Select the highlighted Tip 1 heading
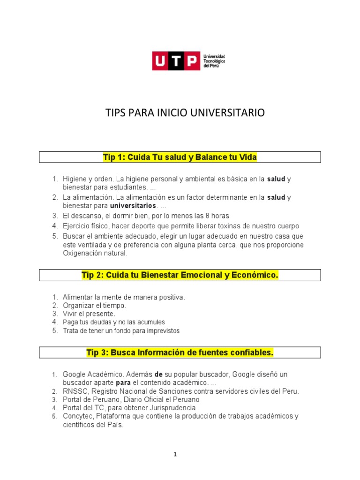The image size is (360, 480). point(180,157)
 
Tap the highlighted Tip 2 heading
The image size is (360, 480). point(180,275)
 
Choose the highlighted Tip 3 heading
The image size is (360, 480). point(180,352)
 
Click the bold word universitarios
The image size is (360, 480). point(133,206)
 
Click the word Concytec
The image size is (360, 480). point(76,416)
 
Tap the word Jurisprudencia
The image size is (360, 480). point(172,408)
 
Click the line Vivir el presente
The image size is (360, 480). point(89,314)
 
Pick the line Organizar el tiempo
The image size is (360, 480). point(94,305)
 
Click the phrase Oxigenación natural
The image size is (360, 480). point(95,254)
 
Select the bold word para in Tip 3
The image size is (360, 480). point(123,382)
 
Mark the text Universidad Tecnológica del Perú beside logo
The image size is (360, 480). point(214,61)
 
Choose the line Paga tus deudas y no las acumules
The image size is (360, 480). point(113,322)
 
